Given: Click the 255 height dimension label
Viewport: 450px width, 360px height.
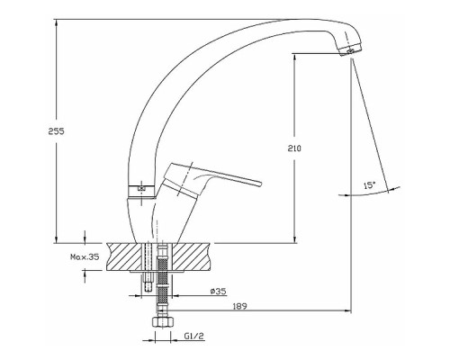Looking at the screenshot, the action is pyautogui.click(x=57, y=131).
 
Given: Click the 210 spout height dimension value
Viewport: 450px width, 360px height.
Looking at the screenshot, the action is pyautogui.click(x=294, y=148).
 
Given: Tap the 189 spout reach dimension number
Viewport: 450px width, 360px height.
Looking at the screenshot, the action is pyautogui.click(x=239, y=306).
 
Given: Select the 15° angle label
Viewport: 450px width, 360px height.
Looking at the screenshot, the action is pyautogui.click(x=370, y=185).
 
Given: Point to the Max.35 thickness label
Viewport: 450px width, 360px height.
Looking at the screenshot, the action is pyautogui.click(x=85, y=256).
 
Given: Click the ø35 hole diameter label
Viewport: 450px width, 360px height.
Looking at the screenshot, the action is pyautogui.click(x=219, y=291).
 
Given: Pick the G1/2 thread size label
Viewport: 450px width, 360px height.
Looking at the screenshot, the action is pyautogui.click(x=193, y=336).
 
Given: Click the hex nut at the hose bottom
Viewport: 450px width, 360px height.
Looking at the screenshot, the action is pyautogui.click(x=162, y=322).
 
